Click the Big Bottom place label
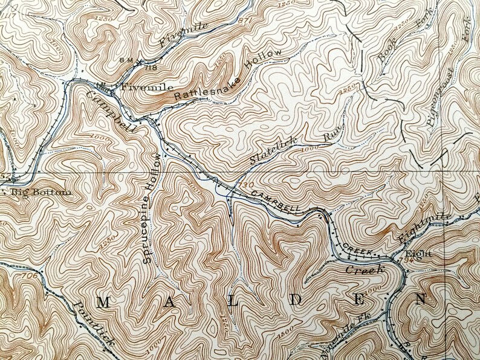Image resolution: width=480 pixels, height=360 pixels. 40,193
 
